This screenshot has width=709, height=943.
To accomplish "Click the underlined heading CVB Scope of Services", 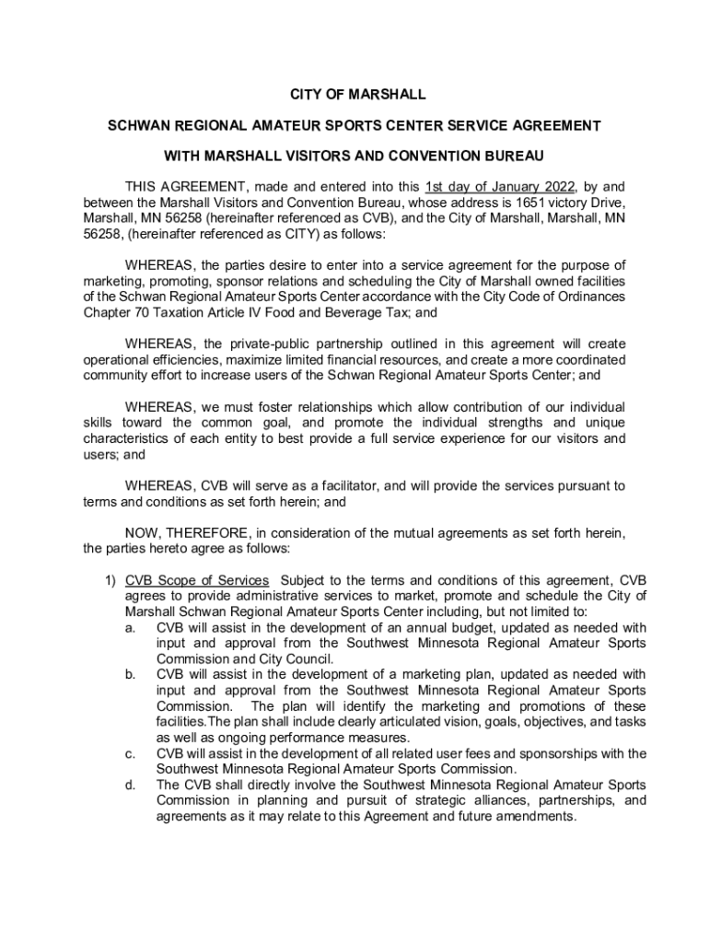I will point(197,580).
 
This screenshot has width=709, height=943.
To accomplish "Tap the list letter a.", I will point(131,627).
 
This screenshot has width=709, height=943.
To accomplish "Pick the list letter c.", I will point(131,753).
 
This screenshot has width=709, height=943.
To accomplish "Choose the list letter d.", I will point(131,785).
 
